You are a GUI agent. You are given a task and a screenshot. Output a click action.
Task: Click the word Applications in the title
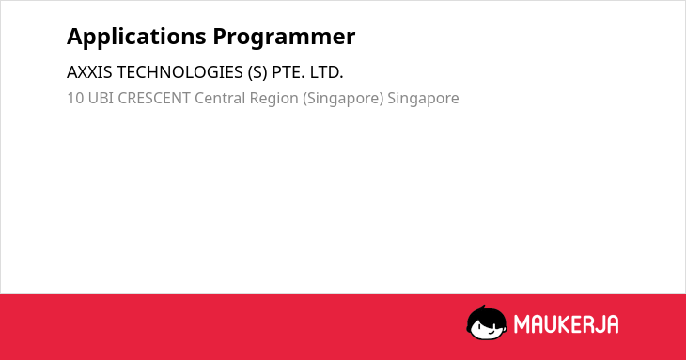click(x=136, y=38)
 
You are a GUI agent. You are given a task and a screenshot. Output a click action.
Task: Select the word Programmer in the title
click(x=284, y=38)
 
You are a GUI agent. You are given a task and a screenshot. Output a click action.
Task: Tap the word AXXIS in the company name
click(x=89, y=72)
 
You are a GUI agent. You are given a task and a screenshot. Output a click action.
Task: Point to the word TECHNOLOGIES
click(x=179, y=72)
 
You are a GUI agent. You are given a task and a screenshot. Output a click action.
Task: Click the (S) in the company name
click(x=257, y=72)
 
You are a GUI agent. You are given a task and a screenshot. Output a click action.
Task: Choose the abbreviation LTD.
click(x=326, y=72)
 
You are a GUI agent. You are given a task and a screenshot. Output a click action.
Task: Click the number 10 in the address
click(x=75, y=98)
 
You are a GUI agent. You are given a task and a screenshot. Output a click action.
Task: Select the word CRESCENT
click(x=154, y=98)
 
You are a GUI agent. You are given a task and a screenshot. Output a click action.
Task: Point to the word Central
click(x=220, y=98)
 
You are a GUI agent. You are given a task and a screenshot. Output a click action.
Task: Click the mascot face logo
click(x=487, y=323)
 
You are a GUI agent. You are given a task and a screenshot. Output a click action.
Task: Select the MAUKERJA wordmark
click(x=566, y=324)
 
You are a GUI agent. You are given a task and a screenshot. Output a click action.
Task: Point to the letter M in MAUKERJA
click(x=521, y=324)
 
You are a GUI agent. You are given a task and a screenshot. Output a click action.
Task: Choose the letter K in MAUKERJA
click(x=563, y=324)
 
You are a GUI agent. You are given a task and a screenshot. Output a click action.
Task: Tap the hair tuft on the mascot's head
click(x=483, y=307)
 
